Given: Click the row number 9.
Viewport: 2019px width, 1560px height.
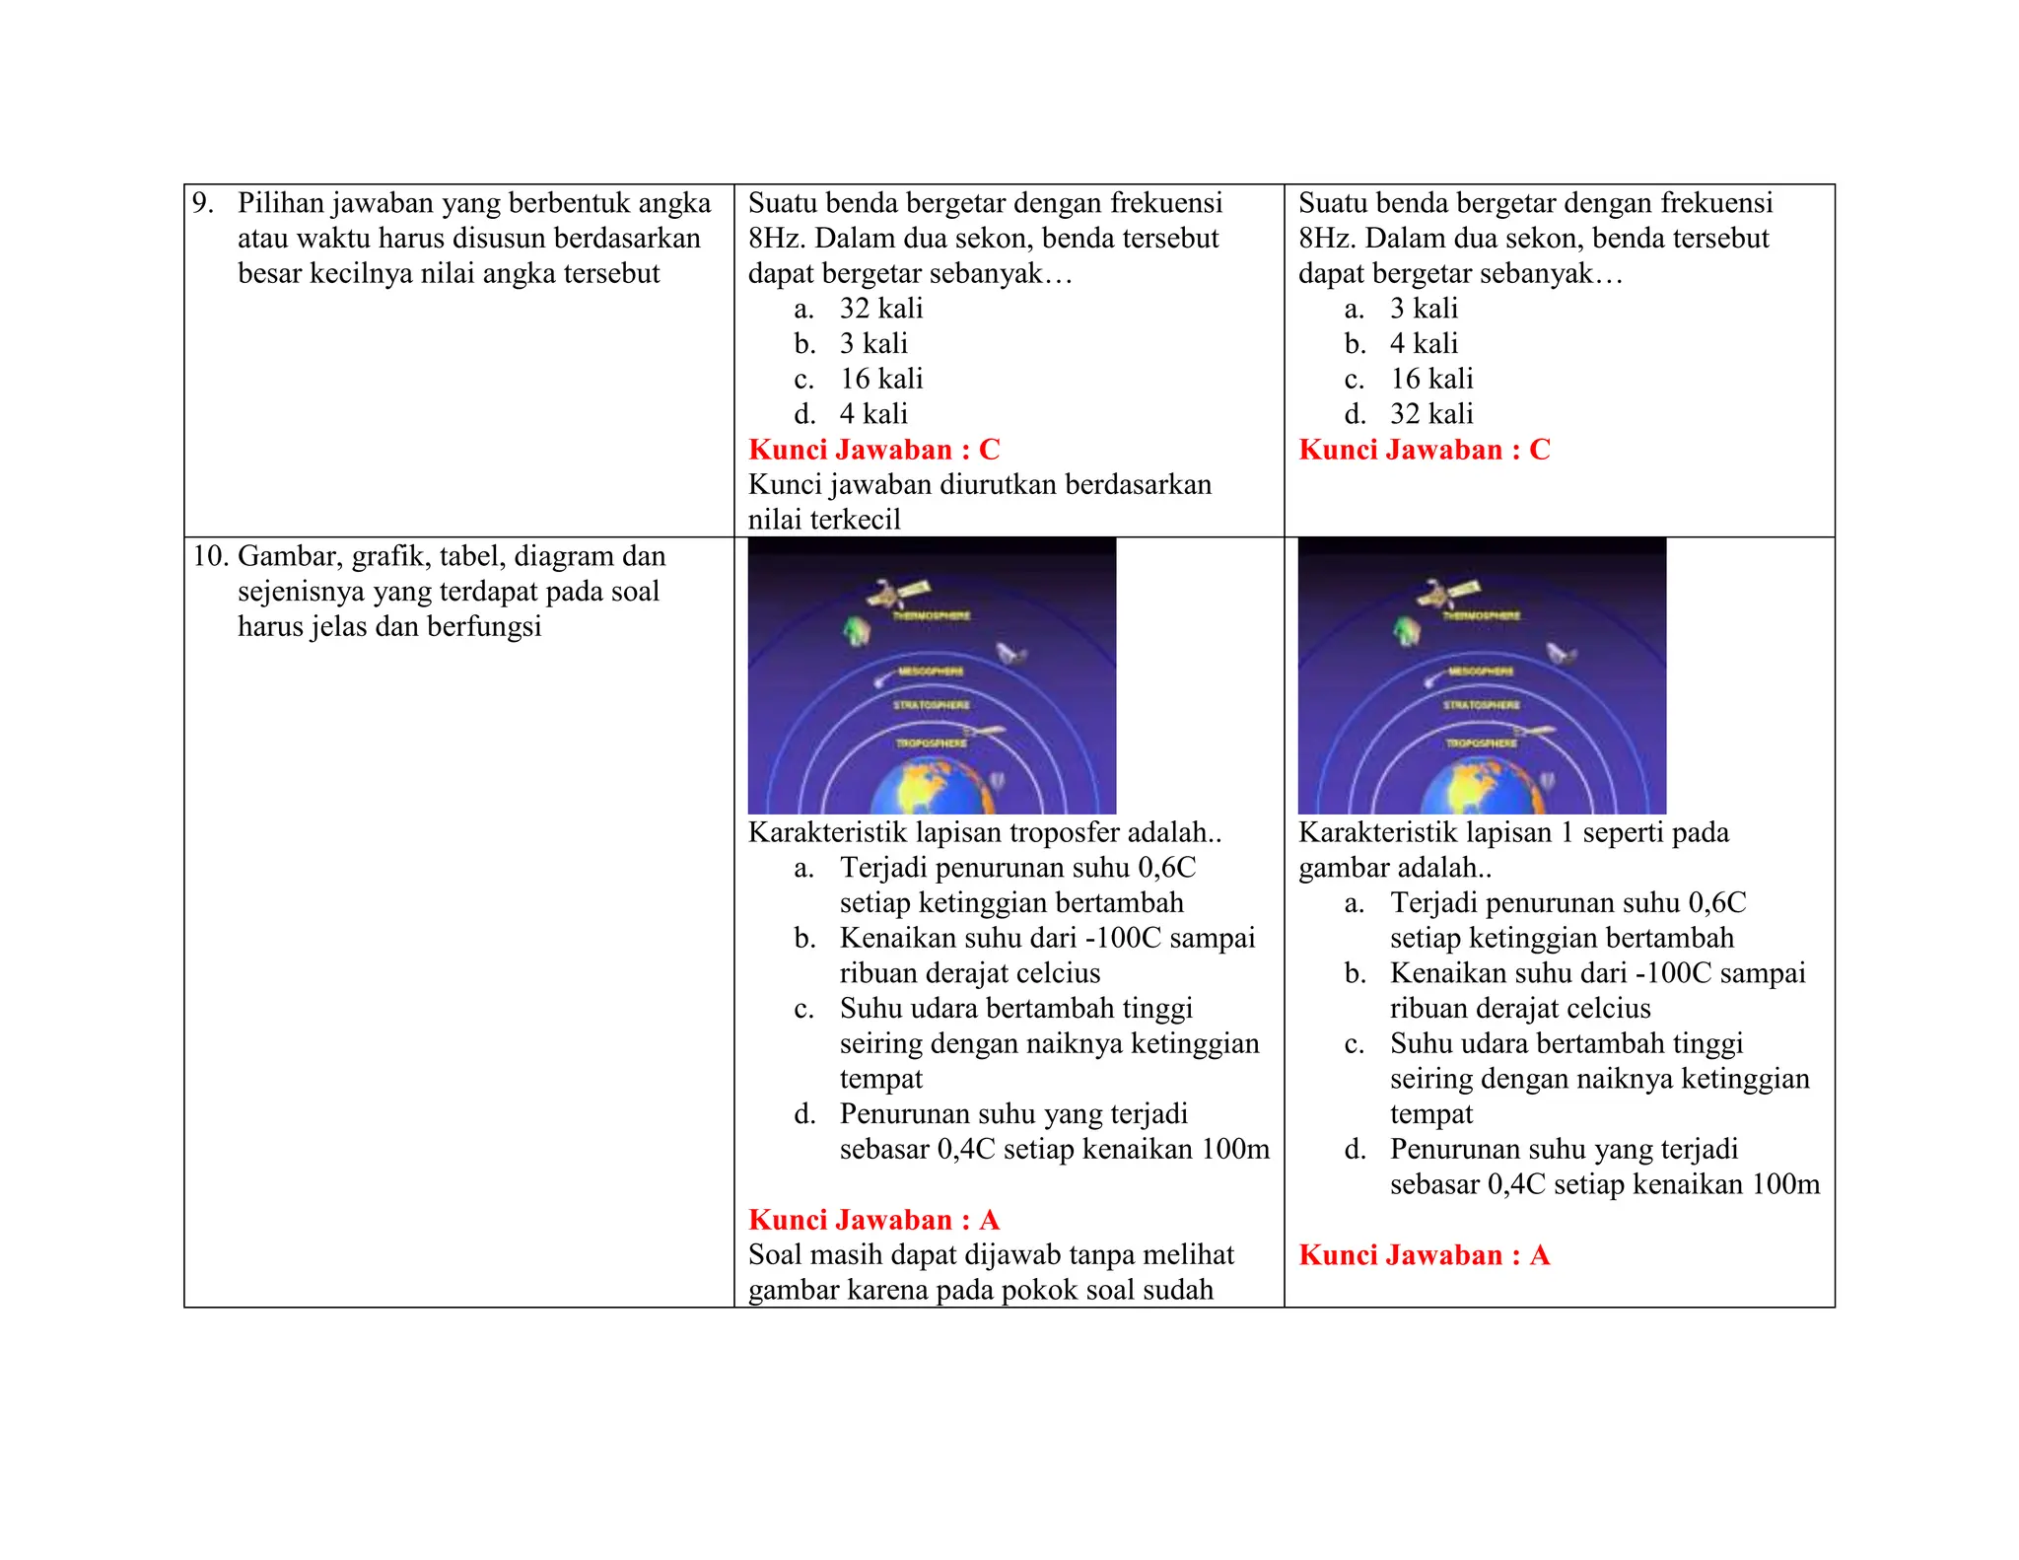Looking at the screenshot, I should [x=202, y=204].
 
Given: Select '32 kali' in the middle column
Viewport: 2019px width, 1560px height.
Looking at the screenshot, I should [x=880, y=309].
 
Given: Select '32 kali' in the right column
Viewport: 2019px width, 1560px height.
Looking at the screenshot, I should [x=1430, y=414].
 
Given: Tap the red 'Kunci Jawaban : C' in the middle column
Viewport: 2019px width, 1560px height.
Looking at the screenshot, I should [x=873, y=450].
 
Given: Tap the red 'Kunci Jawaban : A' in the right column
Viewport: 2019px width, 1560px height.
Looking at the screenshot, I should [x=1424, y=1255].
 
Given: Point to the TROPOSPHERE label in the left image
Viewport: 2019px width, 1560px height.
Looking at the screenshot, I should [x=931, y=743].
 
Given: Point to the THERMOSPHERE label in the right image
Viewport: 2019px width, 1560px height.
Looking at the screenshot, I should [x=1481, y=615].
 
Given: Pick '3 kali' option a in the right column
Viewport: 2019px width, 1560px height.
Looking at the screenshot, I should [x=1423, y=309].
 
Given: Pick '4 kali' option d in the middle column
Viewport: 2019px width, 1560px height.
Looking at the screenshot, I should [x=872, y=414].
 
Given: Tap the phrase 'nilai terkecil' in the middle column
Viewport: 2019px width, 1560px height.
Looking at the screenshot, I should [x=824, y=520].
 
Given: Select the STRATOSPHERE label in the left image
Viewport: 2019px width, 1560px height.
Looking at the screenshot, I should [x=931, y=705].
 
